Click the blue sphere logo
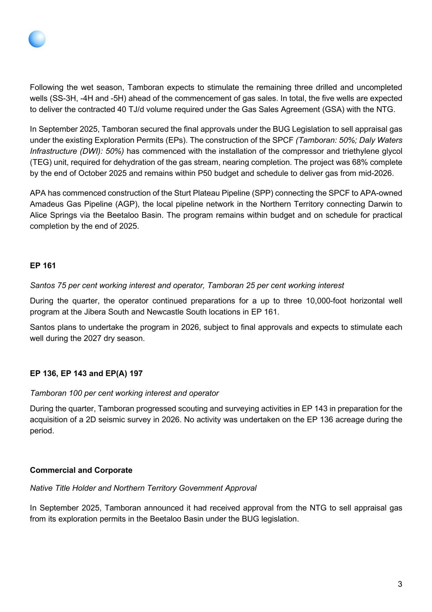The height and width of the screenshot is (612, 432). click(x=37, y=39)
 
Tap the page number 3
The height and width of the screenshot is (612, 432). click(x=400, y=584)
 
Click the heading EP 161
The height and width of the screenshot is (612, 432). click(x=43, y=265)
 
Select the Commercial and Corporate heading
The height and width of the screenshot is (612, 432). click(x=81, y=470)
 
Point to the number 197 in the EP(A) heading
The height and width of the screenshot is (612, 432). click(x=136, y=373)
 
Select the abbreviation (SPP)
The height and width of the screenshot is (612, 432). click(x=264, y=193)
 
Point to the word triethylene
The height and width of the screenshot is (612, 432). click(x=353, y=151)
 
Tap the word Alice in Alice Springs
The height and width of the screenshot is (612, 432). click(x=39, y=215)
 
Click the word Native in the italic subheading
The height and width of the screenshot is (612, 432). click(x=41, y=488)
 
